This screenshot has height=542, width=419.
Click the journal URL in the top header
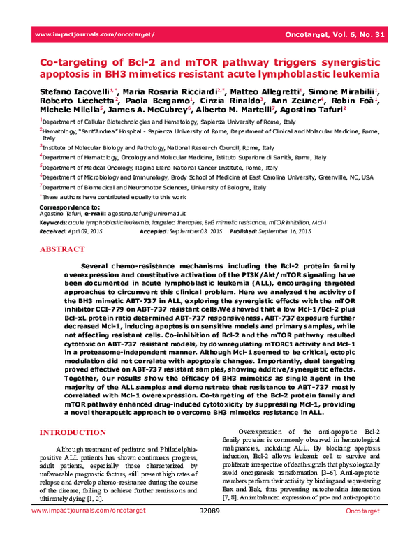coord(94,34)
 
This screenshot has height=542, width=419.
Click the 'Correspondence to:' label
coord(64,208)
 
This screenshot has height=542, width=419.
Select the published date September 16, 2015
coord(284,230)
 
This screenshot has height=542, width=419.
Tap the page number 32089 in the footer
coord(209,532)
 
